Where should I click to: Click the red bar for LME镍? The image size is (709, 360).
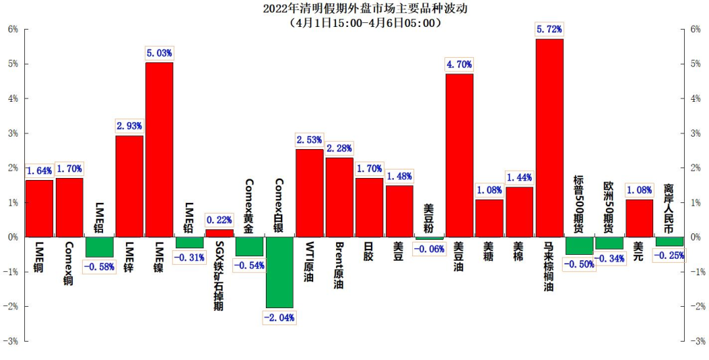coord(159,149)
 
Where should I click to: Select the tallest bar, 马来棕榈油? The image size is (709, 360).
coord(549,137)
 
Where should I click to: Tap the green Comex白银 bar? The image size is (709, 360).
coord(280,272)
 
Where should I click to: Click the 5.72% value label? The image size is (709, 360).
coord(549,30)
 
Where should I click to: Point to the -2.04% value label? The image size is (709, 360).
coord(280,317)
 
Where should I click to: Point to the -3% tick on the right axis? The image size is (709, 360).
coord(697,342)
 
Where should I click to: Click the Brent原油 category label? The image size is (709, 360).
coord(339,265)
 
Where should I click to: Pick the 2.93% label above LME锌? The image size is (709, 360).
coord(129,125)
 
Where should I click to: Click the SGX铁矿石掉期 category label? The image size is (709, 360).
coord(219,276)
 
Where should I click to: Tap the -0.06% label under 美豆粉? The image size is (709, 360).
coord(429,249)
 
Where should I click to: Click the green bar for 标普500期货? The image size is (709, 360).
coord(579,246)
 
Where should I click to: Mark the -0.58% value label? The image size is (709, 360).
coord(100,266)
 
